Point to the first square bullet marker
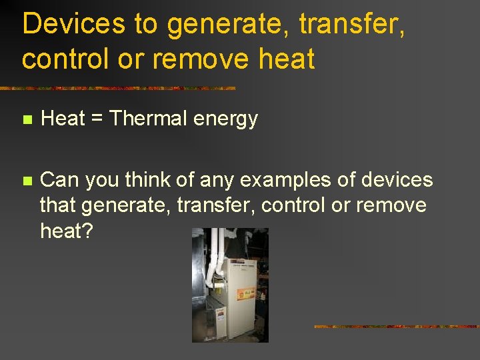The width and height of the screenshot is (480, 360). click(26, 120)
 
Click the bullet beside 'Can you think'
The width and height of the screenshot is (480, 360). click(26, 181)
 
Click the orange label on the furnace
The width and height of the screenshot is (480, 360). click(247, 295)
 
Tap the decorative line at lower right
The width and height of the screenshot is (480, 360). click(396, 327)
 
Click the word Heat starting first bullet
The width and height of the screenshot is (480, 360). click(63, 119)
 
